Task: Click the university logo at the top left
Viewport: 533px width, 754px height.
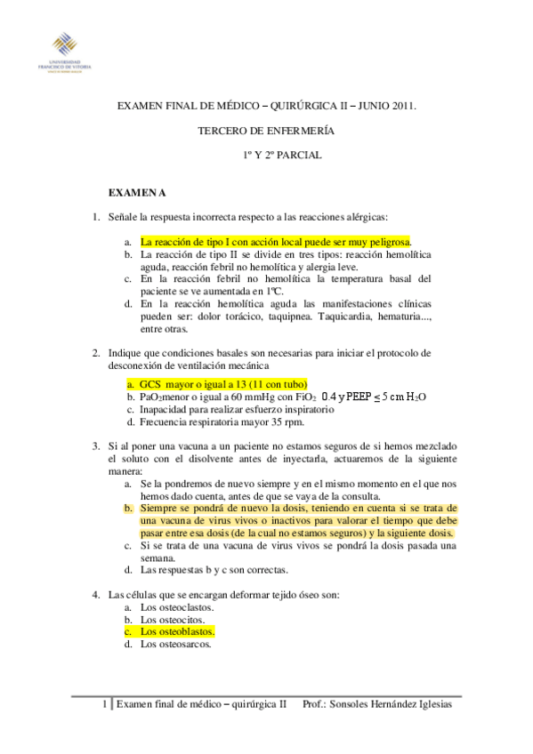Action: (x=64, y=51)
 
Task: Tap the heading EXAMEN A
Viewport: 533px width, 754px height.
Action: (x=137, y=192)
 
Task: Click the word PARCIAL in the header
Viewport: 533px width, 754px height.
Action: (x=302, y=155)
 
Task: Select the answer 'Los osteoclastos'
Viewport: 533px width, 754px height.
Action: (x=178, y=606)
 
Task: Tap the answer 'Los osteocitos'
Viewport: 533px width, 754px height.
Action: (x=174, y=619)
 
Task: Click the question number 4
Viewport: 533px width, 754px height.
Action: (x=96, y=594)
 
